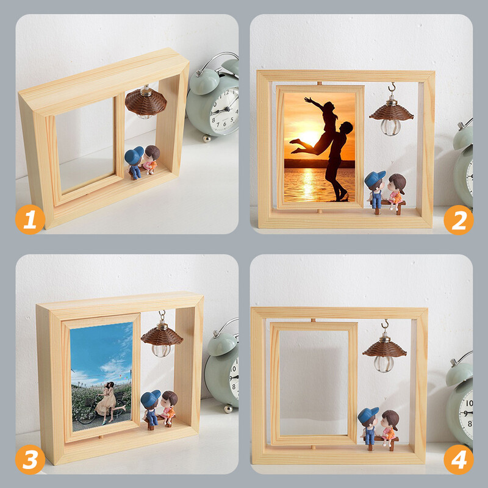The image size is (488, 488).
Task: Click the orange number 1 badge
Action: point(30,220)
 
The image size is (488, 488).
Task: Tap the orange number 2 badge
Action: point(459,220)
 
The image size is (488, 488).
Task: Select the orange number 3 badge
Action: point(30,460)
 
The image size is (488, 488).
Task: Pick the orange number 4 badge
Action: point(459,460)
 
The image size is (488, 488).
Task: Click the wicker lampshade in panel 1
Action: point(146,102)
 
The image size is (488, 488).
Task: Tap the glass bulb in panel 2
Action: point(390,127)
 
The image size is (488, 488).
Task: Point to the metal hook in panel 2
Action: point(392,87)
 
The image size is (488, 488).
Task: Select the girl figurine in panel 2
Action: point(396,190)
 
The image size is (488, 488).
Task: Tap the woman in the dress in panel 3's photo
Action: point(107,403)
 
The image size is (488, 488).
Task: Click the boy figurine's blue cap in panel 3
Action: point(150,398)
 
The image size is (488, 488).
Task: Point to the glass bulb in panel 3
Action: point(161,350)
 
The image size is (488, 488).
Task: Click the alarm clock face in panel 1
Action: point(224,110)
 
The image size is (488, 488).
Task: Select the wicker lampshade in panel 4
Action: point(385,349)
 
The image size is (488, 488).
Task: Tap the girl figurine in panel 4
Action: point(389,428)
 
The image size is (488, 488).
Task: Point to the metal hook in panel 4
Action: point(386,325)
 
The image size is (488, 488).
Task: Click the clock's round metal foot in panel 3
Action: point(228,409)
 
